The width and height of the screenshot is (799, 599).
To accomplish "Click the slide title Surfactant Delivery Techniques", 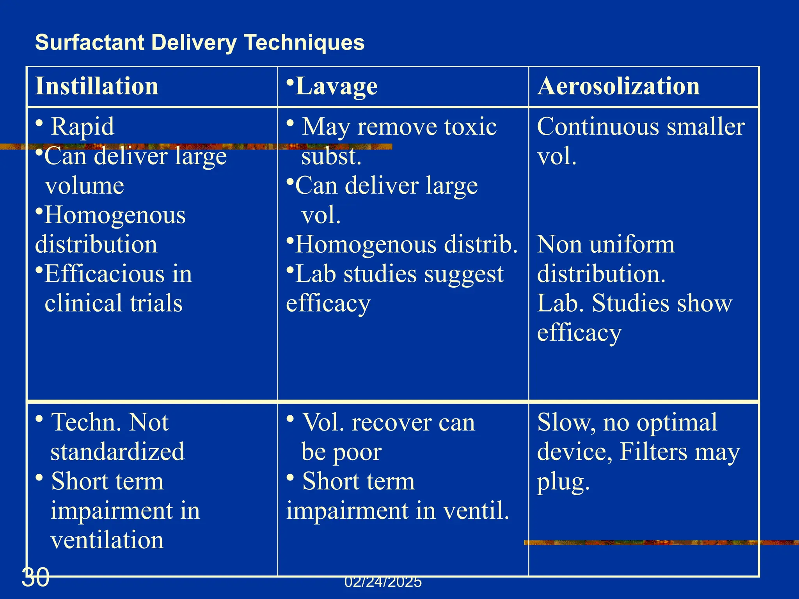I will point(200,42).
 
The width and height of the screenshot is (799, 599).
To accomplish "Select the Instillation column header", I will point(97,86).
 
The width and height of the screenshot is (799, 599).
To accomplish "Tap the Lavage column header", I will point(336,86).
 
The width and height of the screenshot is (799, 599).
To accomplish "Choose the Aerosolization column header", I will point(618,86).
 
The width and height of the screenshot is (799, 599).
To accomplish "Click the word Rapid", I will point(83,127).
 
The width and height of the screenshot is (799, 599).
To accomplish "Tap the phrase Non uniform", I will point(605,245).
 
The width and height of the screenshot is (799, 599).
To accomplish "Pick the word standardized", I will point(117,452).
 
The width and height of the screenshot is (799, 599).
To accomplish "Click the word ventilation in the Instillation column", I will point(107,540).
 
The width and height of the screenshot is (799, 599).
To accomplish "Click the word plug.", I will point(563,482).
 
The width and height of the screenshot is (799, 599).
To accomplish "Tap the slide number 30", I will point(36,578).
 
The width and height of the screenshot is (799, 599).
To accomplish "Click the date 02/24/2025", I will point(383,582).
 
